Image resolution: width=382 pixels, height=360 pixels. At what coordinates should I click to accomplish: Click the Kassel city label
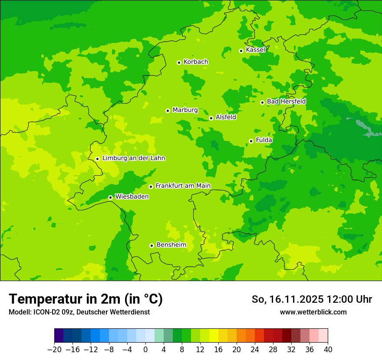(x=255, y=50)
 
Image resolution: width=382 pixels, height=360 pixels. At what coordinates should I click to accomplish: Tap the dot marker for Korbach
(x=179, y=62)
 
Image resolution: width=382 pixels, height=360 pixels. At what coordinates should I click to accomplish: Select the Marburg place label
(x=185, y=110)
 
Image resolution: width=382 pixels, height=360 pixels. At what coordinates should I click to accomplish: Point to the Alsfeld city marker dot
(x=211, y=118)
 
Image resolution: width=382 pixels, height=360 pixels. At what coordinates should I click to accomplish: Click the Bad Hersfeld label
(x=286, y=101)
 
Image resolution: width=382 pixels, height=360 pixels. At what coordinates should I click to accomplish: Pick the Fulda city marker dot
(x=251, y=141)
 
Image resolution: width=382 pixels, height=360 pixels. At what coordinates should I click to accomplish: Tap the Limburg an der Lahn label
(x=133, y=158)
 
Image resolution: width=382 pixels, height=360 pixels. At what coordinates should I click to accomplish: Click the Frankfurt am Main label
(x=183, y=186)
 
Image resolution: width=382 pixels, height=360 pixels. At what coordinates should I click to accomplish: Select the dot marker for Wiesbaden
(x=110, y=197)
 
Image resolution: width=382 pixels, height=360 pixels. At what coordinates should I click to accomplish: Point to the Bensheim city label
(x=171, y=245)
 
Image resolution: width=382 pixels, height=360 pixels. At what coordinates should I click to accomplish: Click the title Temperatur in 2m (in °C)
(x=86, y=299)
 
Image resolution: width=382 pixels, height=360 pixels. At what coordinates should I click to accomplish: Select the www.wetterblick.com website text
(x=313, y=312)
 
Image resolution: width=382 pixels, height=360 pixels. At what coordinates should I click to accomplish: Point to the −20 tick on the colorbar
(x=54, y=350)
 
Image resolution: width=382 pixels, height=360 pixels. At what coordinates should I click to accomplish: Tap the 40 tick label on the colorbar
(x=328, y=350)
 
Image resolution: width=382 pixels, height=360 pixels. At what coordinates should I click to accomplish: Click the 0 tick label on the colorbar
(x=145, y=350)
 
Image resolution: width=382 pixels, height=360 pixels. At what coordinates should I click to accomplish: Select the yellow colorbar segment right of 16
(x=223, y=336)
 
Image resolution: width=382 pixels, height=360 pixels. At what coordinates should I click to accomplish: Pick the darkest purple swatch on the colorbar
(x=59, y=336)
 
